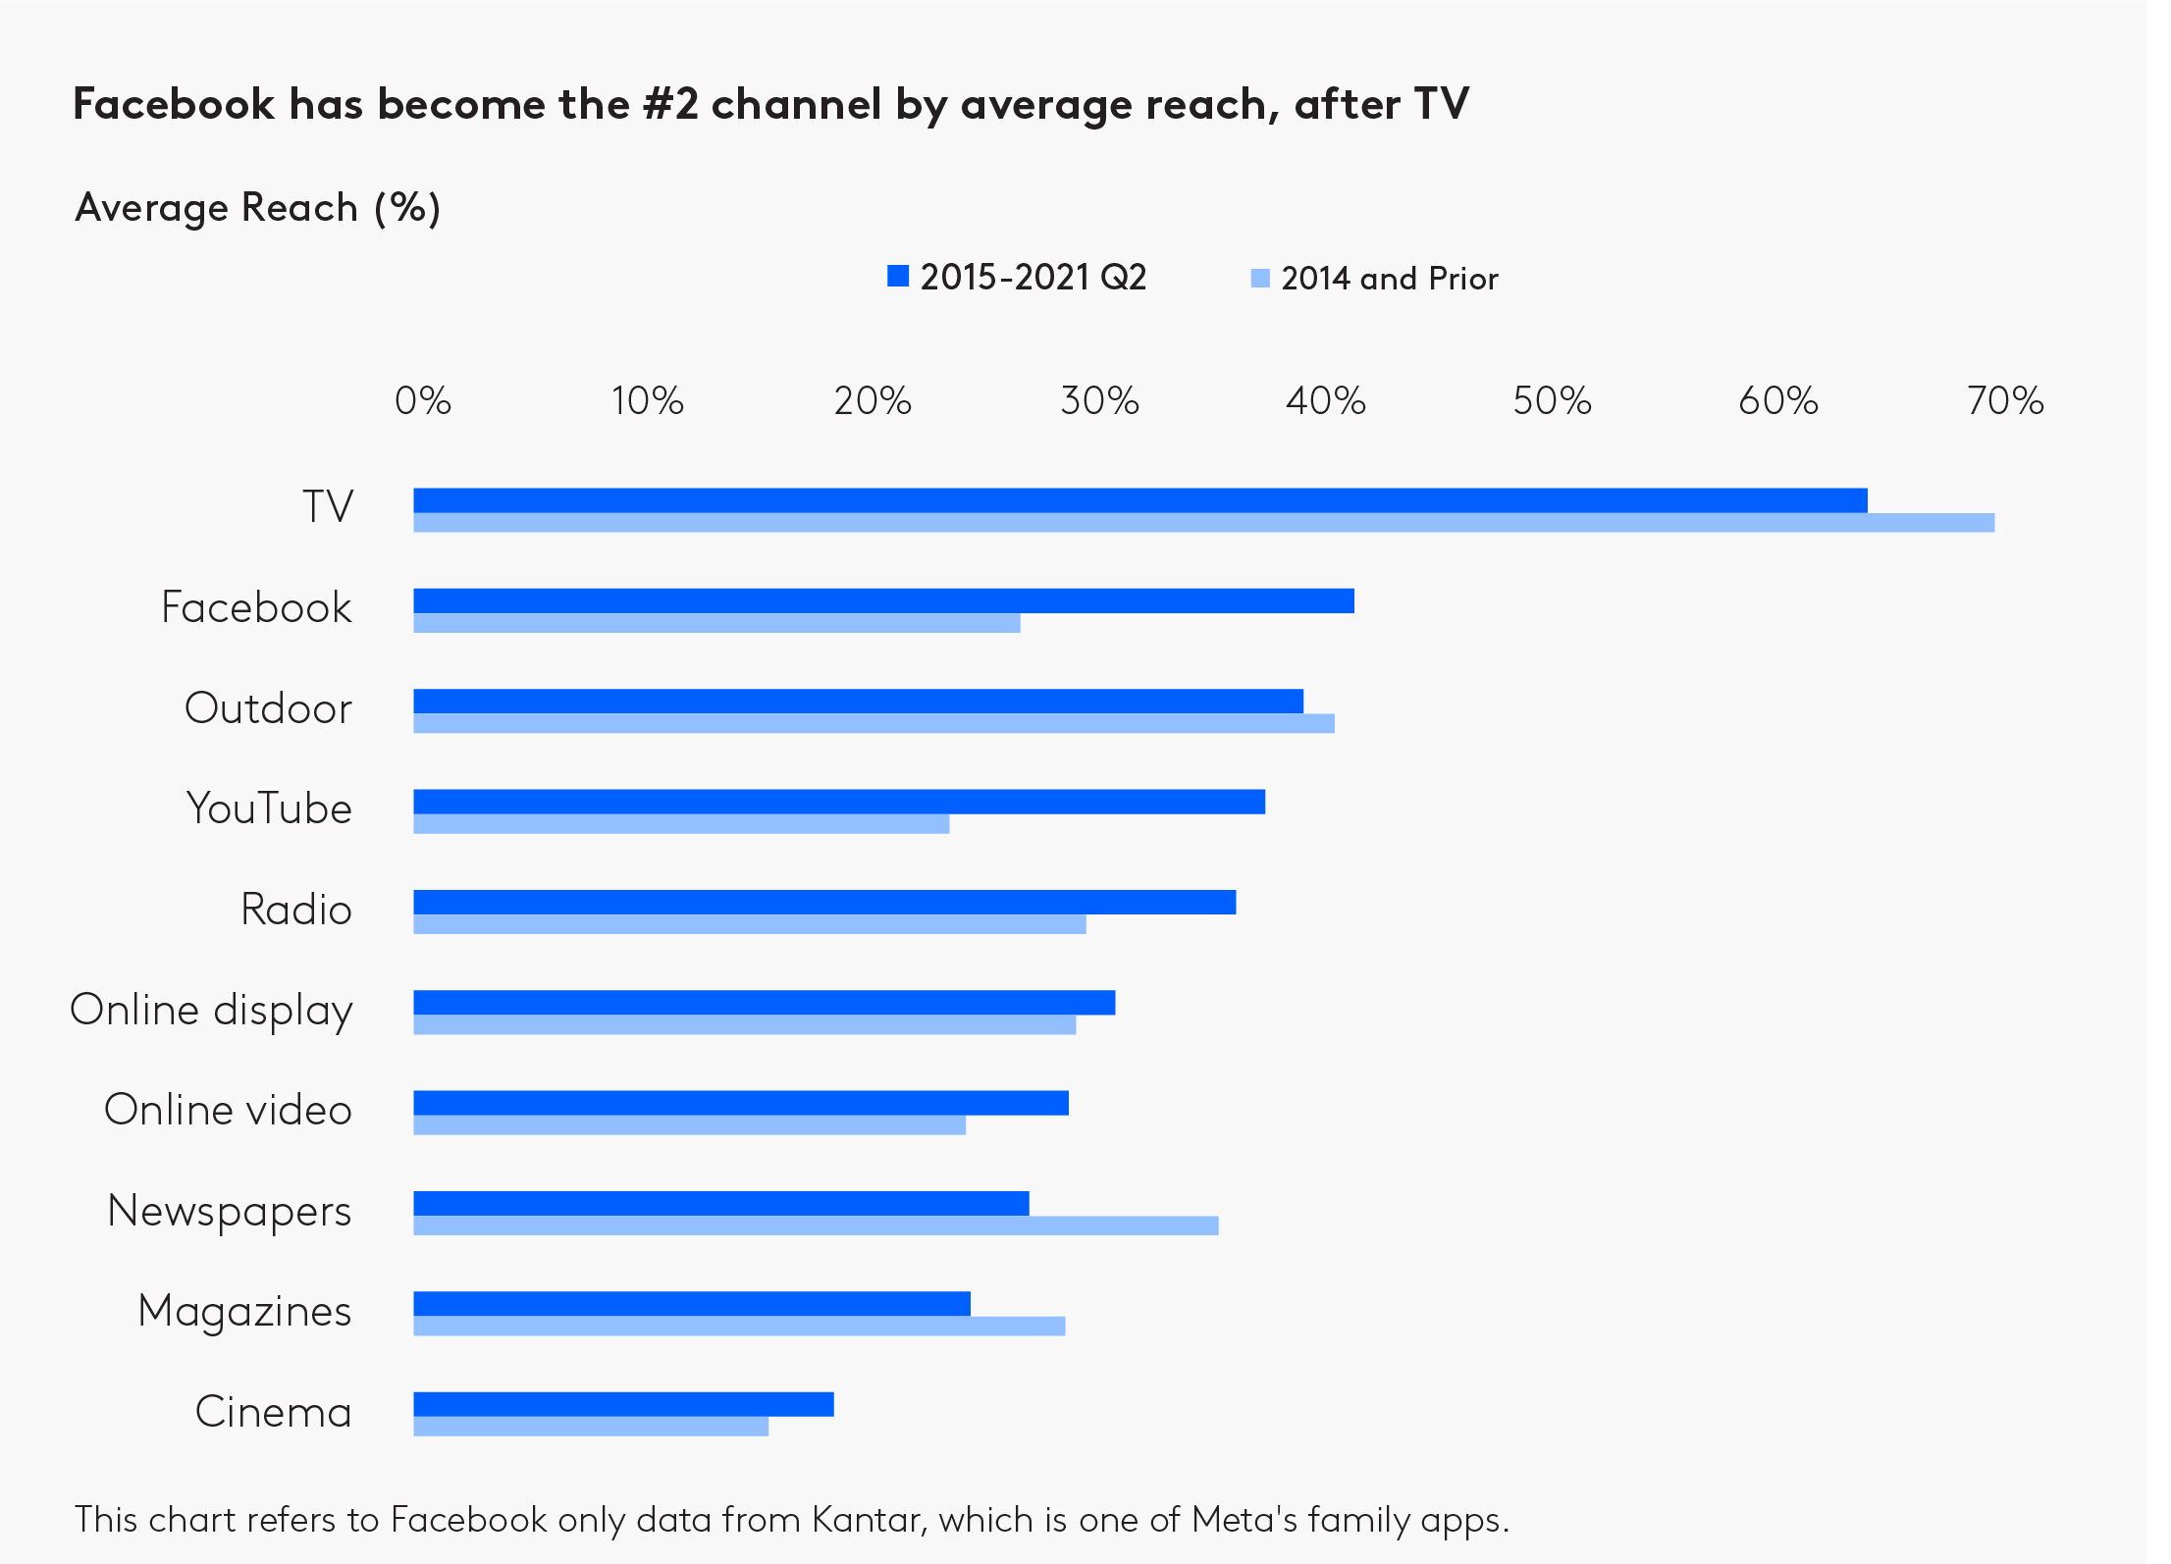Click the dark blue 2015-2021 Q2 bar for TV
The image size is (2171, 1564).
pos(1138,500)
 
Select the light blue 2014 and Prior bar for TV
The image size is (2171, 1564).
pos(1202,523)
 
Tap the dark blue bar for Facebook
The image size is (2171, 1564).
pos(883,600)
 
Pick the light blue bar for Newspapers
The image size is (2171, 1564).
pos(815,1225)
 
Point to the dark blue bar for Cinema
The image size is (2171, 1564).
pos(623,1404)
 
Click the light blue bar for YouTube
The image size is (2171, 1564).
pos(681,824)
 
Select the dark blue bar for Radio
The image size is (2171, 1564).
pos(824,902)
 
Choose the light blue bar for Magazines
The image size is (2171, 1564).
pos(738,1327)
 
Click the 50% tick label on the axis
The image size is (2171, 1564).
pos(1552,401)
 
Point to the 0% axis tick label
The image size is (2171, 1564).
pos(423,401)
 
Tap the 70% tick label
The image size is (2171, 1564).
pos(2005,401)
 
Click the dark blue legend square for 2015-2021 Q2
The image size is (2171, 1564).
pos(898,277)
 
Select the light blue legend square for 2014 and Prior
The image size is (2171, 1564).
pos(1260,279)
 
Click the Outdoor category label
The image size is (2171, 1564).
pos(268,708)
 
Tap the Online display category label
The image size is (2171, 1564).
pos(211,1011)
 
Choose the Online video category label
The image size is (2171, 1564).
pos(228,1111)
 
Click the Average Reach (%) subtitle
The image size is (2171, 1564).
pos(258,208)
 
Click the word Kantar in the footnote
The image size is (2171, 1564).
pos(867,1520)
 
